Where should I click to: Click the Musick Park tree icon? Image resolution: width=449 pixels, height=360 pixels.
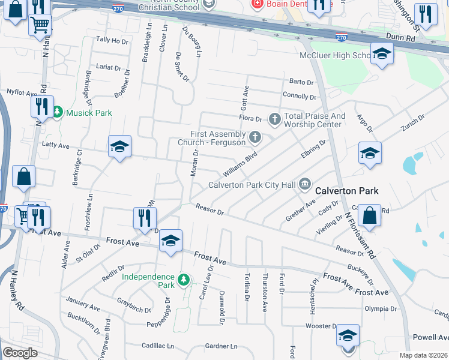(x=58, y=112)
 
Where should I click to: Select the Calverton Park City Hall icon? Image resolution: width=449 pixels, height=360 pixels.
(x=305, y=184)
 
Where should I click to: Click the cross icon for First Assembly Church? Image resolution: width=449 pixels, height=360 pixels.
(x=255, y=138)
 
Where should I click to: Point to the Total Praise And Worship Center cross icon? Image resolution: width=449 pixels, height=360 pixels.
(x=275, y=119)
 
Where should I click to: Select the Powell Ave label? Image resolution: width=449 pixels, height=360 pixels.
(x=430, y=337)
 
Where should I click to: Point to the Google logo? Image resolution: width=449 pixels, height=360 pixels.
(x=20, y=353)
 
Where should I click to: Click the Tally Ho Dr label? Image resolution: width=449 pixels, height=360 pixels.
(x=113, y=40)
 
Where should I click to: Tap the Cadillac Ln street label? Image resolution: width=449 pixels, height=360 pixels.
(x=157, y=346)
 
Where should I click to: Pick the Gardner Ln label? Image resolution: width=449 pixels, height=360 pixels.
(x=221, y=346)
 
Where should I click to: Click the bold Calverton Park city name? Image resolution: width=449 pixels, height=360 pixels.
(x=348, y=191)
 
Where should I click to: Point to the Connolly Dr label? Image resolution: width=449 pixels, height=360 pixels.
(x=300, y=96)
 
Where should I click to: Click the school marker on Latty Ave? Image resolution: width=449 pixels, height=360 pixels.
(x=119, y=147)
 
